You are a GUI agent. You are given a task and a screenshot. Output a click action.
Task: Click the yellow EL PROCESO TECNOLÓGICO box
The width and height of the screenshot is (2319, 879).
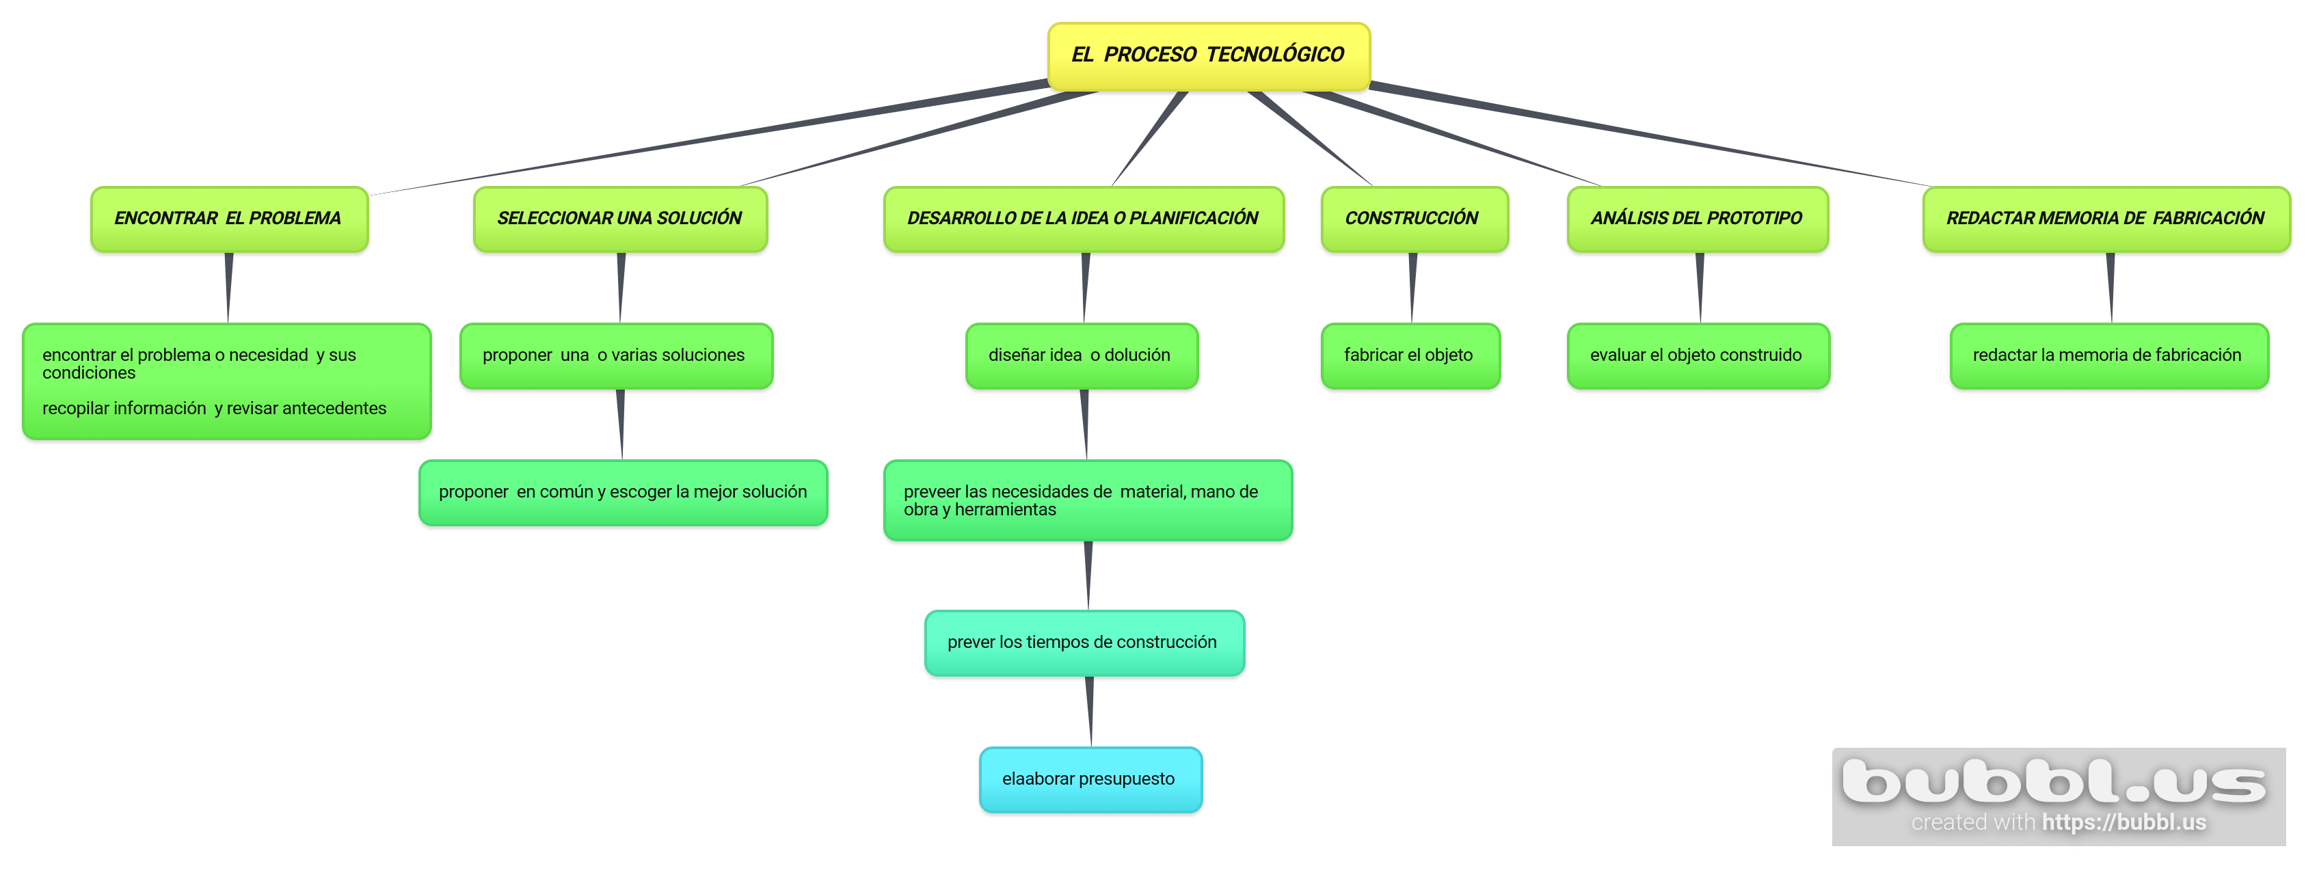pos(1208,56)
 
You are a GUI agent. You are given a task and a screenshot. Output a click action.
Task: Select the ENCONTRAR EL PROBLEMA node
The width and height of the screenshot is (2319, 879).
pos(228,219)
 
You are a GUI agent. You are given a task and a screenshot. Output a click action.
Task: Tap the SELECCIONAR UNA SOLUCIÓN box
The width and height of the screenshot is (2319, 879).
pos(619,219)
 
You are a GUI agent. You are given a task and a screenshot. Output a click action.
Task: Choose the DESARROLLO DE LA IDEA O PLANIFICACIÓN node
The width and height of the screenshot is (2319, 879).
pos(1083,219)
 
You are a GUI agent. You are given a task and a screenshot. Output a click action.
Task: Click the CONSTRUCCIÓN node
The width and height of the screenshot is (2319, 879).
pos(1413,219)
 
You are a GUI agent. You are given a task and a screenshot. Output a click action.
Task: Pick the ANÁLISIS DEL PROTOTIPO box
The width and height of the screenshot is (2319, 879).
pos(1697,219)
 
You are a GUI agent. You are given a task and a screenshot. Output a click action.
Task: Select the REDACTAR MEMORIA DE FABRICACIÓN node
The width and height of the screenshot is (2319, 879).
pos(2106,219)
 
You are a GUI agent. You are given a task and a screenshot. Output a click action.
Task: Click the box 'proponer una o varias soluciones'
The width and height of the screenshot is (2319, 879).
pos(616,355)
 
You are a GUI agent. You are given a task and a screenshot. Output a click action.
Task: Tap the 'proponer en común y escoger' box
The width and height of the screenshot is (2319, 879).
pos(623,492)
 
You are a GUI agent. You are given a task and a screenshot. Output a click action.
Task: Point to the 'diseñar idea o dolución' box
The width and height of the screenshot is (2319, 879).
pos(1081,355)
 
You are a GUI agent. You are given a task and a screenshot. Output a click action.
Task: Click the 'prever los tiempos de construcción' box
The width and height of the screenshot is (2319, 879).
pos(1084,643)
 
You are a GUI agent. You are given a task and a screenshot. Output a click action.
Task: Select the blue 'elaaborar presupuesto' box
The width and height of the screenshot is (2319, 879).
pos(1090,779)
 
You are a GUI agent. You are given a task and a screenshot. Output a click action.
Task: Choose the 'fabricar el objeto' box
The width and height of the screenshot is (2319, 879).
pos(1410,355)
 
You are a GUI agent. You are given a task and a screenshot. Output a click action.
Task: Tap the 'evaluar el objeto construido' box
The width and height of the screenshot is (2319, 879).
pos(1697,355)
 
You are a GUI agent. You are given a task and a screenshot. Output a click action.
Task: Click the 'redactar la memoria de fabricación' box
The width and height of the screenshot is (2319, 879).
pos(2108,355)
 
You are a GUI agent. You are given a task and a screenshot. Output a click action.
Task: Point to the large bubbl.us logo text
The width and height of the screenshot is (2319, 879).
pos(2054,781)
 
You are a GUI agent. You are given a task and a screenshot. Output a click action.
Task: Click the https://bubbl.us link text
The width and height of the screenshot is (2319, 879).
pos(2123,822)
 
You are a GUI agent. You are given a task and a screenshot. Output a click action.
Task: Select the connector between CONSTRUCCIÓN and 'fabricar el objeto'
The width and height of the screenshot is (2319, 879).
pos(1412,288)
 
